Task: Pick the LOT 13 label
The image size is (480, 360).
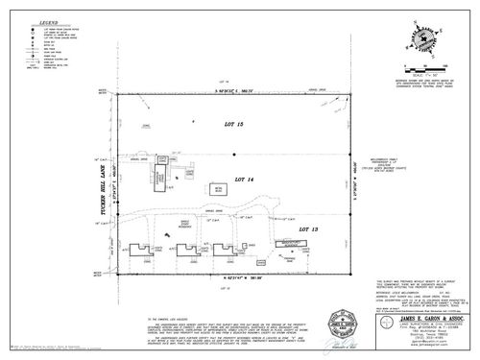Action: (306, 229)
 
